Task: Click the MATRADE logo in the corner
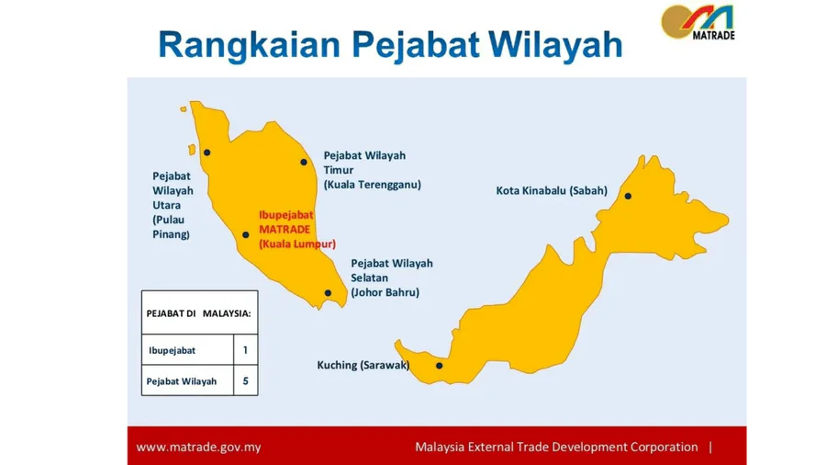coord(698,22)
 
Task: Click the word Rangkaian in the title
coord(249,45)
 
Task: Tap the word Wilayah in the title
coord(555,44)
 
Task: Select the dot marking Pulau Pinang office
coord(207,153)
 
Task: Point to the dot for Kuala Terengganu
coord(304,162)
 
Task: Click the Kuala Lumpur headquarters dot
coord(245,234)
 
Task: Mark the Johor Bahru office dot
coord(328,292)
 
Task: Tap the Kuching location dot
coord(440,366)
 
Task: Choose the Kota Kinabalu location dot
coord(628,196)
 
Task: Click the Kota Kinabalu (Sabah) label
coord(552,191)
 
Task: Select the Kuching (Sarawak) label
coord(363,365)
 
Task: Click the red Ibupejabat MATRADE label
coord(297,230)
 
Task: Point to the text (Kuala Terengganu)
coord(373,185)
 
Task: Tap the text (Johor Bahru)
coord(385,292)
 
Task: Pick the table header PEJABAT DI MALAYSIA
coord(198,313)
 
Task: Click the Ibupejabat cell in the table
coord(172,350)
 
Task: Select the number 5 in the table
coord(245,380)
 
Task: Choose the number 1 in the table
coord(245,350)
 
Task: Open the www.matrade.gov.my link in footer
coord(198,447)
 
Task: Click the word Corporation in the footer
coord(664,447)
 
